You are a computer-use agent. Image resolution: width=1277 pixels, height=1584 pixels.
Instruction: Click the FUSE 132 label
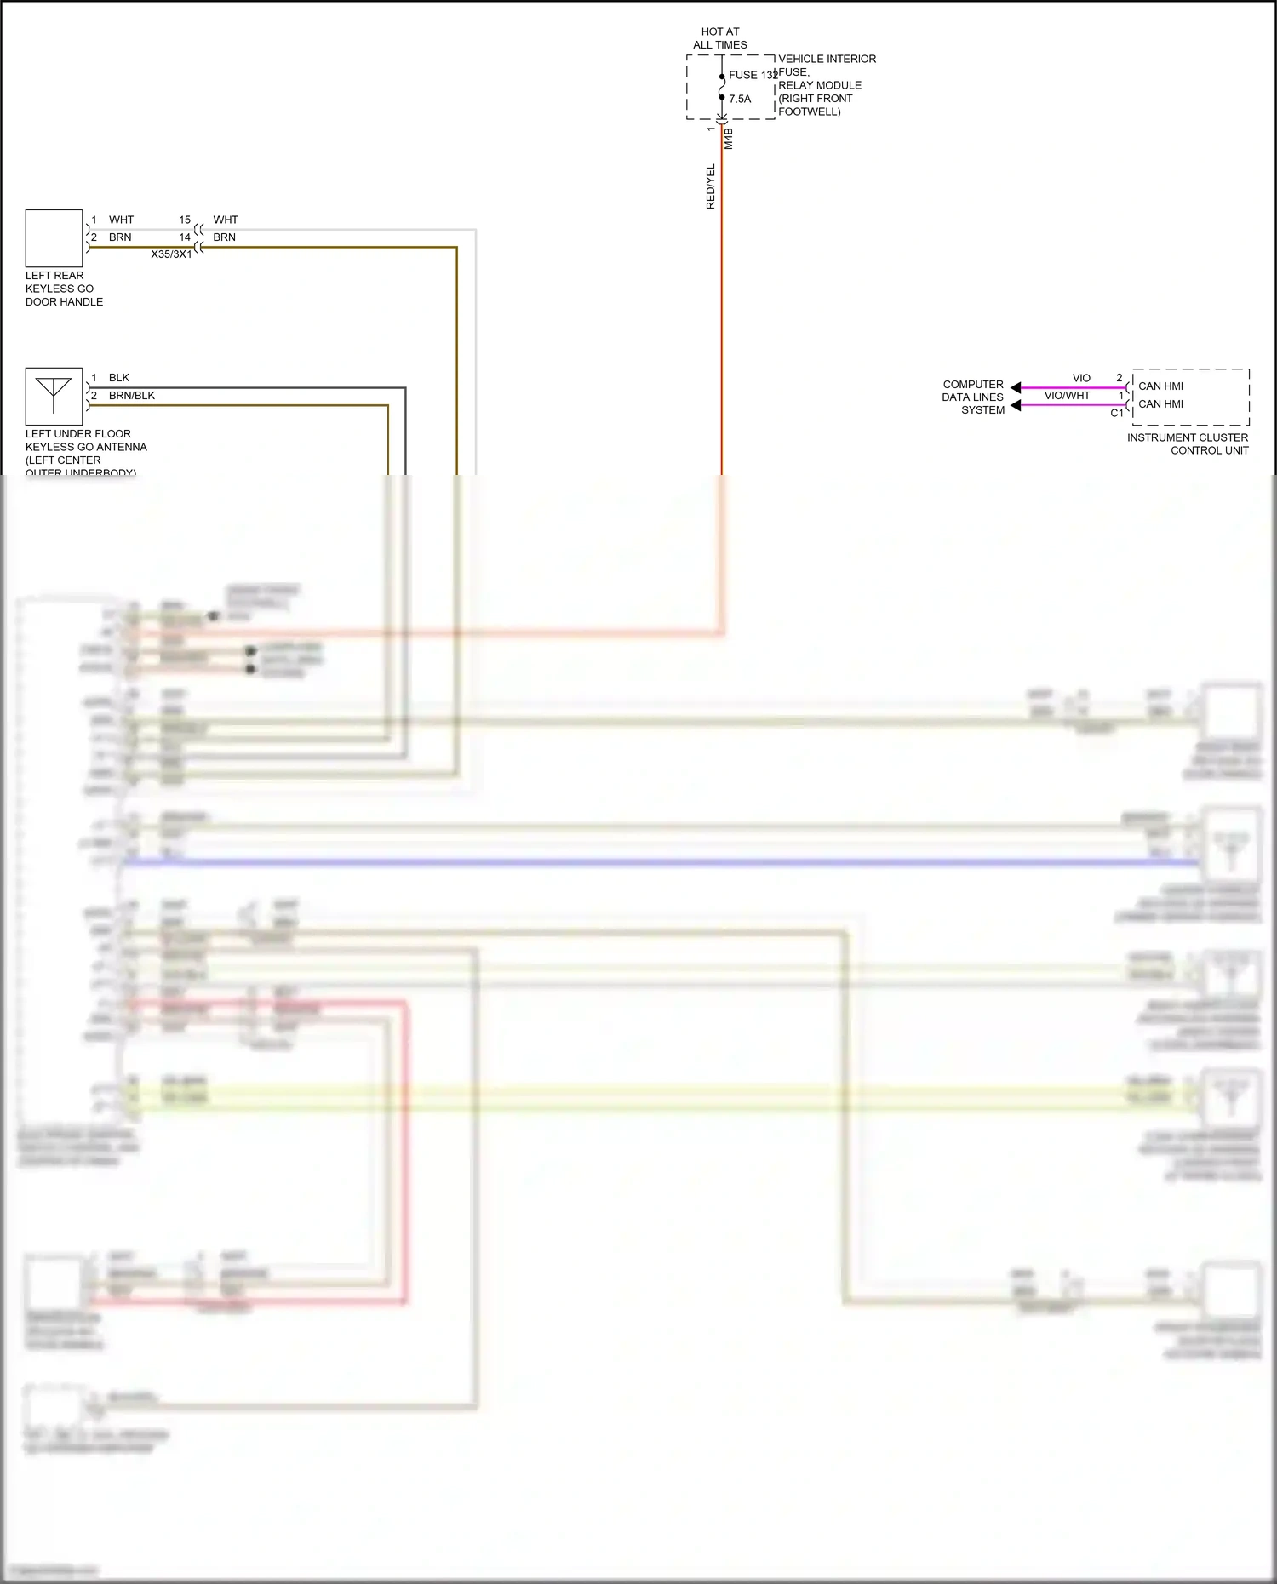click(x=753, y=75)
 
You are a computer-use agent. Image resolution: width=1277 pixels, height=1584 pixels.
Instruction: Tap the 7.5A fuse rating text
click(x=740, y=99)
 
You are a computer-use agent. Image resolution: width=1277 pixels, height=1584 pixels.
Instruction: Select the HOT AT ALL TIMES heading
click(x=720, y=38)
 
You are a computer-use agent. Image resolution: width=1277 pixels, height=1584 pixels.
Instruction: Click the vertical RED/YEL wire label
click(x=711, y=186)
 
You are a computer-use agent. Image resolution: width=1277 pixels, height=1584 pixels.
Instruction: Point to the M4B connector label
click(x=729, y=139)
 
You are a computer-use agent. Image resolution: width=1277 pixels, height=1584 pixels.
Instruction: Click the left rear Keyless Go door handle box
click(x=54, y=238)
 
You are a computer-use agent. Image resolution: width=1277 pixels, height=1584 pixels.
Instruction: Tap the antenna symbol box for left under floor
click(x=54, y=396)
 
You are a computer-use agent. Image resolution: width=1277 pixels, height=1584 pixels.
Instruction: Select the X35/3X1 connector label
click(x=171, y=254)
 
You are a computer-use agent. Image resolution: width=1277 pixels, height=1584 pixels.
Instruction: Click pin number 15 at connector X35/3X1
click(x=185, y=220)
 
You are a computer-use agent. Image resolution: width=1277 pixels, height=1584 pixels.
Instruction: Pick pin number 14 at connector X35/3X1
click(x=185, y=237)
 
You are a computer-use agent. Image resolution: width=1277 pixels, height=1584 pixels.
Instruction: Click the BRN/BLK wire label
click(x=132, y=396)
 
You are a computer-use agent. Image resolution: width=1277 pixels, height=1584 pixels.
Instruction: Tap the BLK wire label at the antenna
click(x=119, y=378)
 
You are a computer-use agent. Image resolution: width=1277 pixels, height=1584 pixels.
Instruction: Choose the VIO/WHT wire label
click(x=1067, y=396)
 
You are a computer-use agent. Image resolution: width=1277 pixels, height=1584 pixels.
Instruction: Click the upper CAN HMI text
click(x=1160, y=386)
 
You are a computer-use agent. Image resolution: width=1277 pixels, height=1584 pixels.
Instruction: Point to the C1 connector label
click(x=1117, y=414)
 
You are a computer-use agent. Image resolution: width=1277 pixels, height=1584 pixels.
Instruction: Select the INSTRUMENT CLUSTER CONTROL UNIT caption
click(x=1188, y=443)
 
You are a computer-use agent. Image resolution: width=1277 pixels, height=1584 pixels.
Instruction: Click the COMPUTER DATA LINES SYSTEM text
click(x=973, y=397)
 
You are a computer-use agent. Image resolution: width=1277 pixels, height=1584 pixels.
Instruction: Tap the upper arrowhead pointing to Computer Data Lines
click(x=1016, y=387)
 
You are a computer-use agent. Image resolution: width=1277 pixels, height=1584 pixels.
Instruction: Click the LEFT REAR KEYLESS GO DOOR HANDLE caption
click(x=64, y=289)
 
